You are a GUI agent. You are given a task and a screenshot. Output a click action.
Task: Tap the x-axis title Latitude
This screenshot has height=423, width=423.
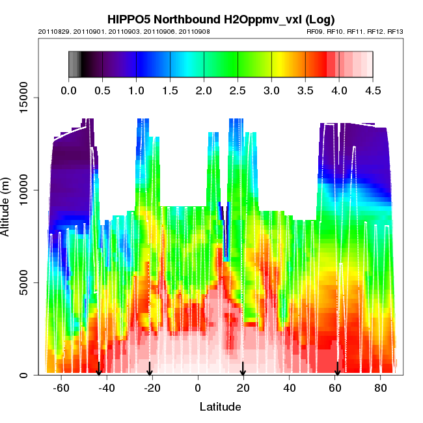[220, 407]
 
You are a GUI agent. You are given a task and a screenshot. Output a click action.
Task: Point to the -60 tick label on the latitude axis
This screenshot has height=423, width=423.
[61, 388]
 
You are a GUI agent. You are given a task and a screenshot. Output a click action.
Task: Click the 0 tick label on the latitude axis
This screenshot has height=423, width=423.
[198, 388]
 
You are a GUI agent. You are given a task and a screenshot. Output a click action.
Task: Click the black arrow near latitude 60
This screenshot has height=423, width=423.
[337, 368]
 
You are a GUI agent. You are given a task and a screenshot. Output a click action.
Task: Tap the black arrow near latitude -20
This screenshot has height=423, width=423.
[150, 368]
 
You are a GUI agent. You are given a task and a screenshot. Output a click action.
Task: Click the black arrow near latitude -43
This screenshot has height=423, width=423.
[99, 368]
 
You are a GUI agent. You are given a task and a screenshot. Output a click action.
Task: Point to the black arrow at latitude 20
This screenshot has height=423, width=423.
[243, 368]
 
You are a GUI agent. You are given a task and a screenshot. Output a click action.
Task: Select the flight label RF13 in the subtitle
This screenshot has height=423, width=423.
[395, 31]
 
